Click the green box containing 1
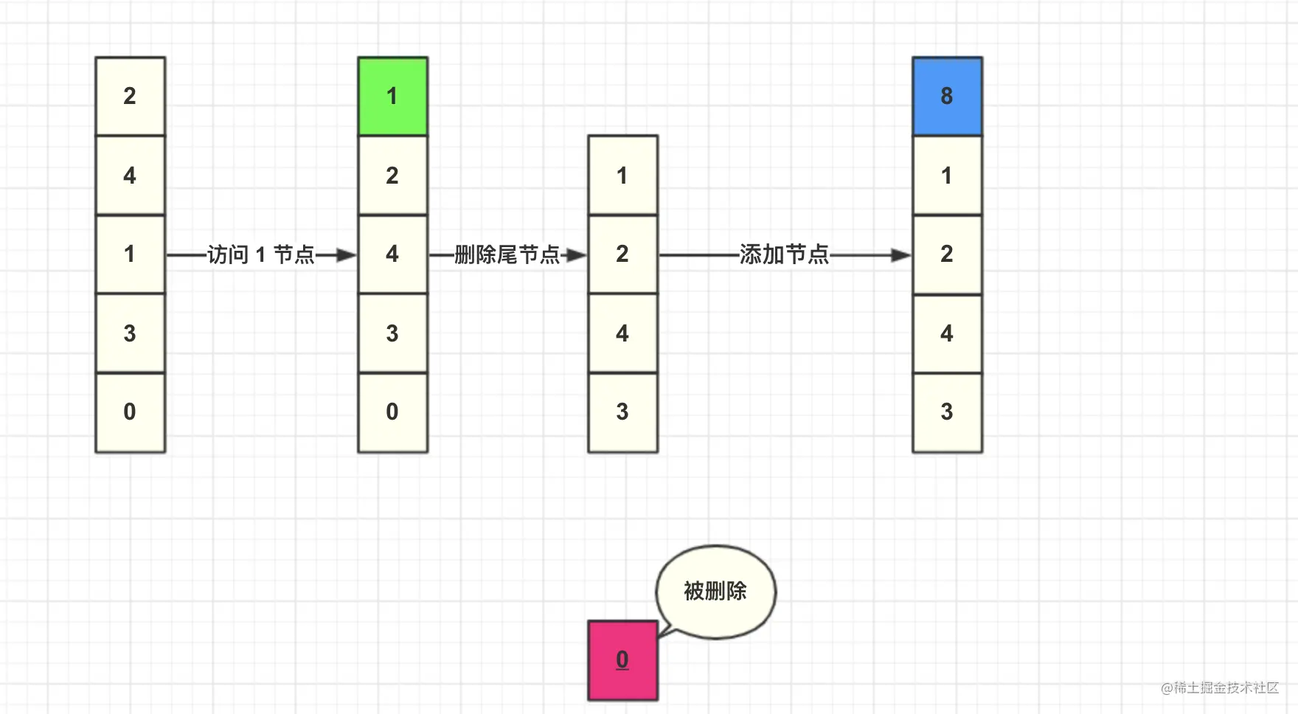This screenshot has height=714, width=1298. point(392,96)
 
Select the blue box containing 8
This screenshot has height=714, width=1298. point(947,96)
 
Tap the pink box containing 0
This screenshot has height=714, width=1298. point(622,660)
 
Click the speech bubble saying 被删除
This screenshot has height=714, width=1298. point(715,592)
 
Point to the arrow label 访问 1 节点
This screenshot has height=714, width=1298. point(261,255)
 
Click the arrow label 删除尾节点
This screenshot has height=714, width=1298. point(507,255)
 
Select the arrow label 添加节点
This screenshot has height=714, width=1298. point(784,255)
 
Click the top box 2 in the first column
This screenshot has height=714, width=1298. point(130,96)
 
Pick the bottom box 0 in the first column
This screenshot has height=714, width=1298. point(130,412)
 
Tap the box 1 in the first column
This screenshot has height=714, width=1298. point(130,254)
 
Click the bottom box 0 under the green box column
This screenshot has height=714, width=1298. point(392,412)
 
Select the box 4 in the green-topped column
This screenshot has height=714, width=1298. point(392,254)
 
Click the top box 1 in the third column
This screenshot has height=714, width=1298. point(622,176)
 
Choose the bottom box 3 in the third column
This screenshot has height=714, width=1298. point(622,412)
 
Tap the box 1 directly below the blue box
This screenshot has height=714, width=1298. point(947,176)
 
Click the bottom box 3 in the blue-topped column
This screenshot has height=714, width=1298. point(947,412)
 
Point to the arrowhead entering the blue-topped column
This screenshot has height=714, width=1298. point(901,255)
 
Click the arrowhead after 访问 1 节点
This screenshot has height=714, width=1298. point(347,255)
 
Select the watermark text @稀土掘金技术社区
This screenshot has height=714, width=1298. point(1220,687)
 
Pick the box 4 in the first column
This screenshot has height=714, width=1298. point(130,176)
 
